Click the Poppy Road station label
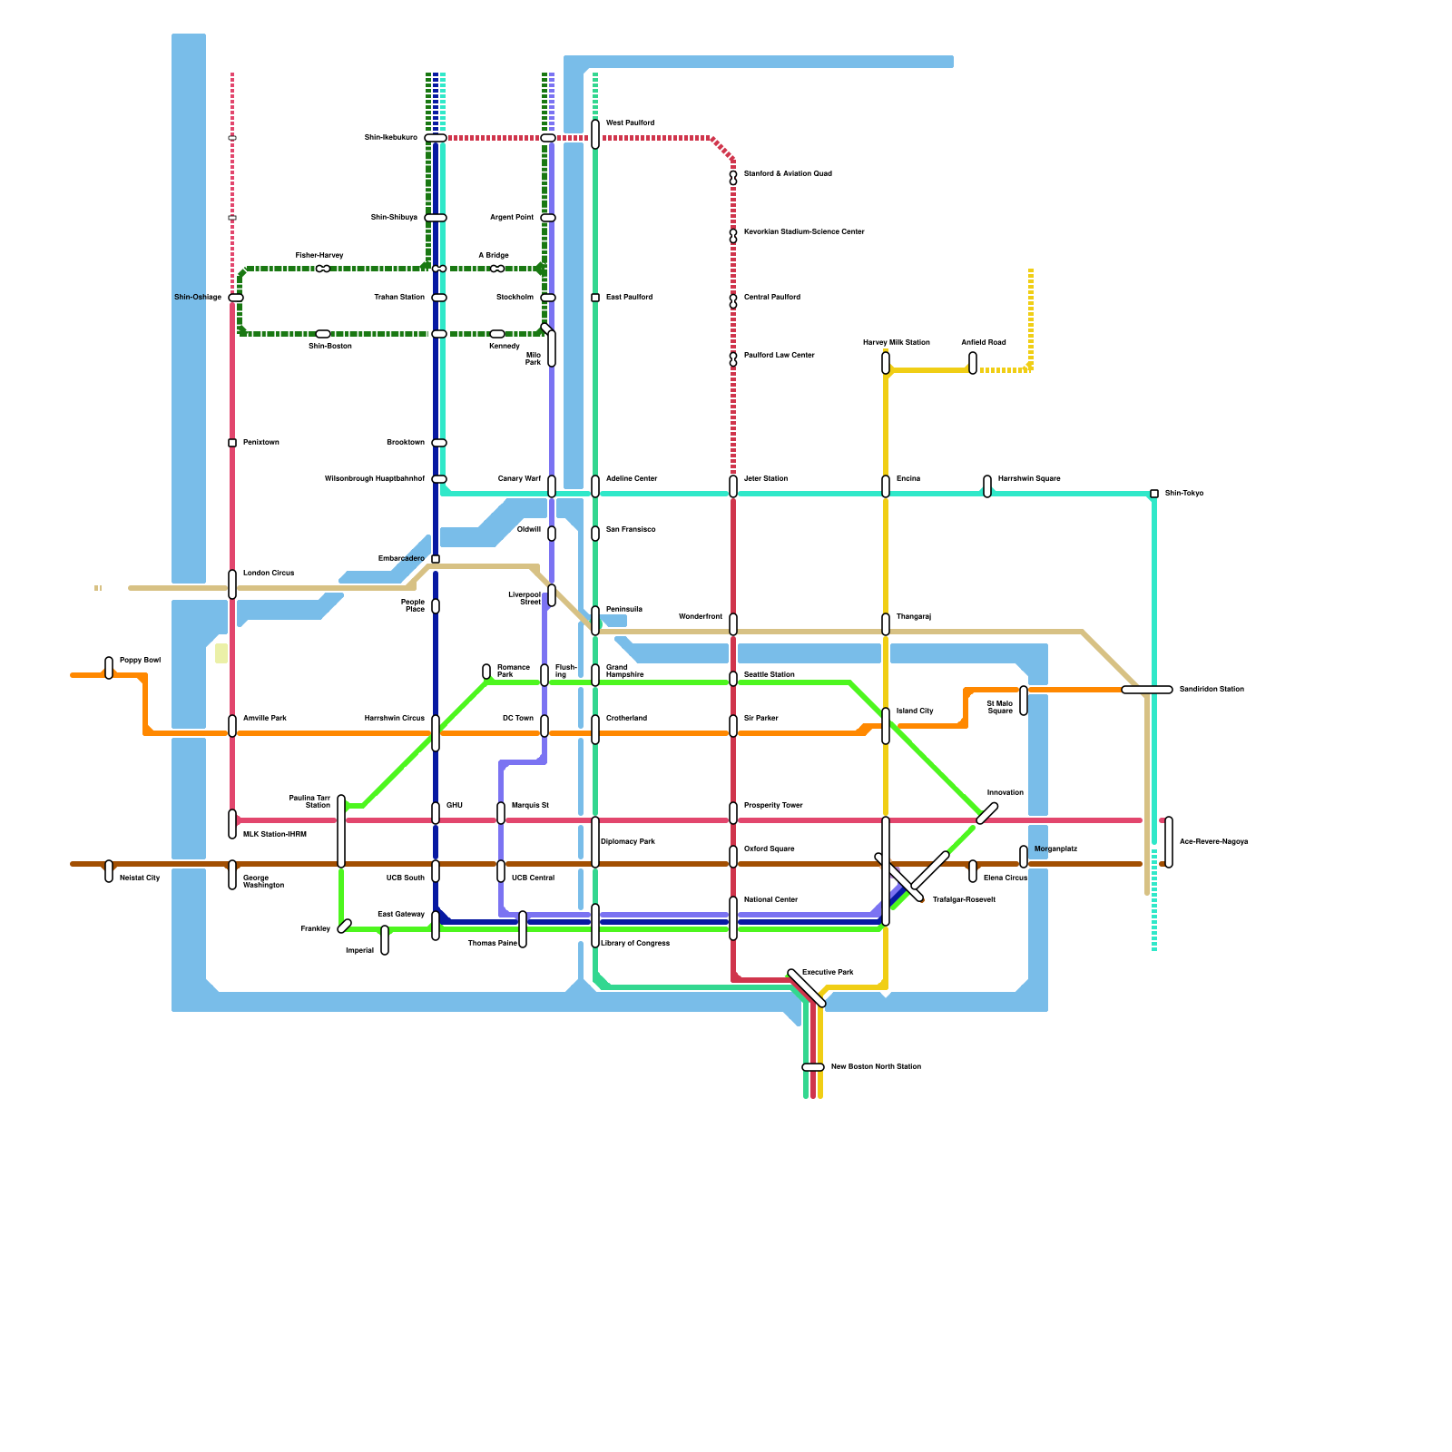point(140,660)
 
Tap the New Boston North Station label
point(876,1066)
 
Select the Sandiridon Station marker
point(1147,690)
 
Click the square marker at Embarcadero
point(436,559)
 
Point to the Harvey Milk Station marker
point(886,363)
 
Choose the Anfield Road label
point(984,342)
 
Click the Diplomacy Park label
point(628,841)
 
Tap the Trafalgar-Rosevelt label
point(964,899)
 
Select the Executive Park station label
point(828,972)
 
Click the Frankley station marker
point(344,927)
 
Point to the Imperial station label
point(359,950)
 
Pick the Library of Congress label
point(635,943)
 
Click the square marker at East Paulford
point(595,298)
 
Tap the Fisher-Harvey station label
point(319,255)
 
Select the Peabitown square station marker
point(232,443)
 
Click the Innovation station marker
point(987,813)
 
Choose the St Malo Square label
point(999,707)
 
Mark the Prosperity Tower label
point(773,805)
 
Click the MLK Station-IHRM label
point(274,834)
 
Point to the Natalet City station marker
point(109,871)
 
